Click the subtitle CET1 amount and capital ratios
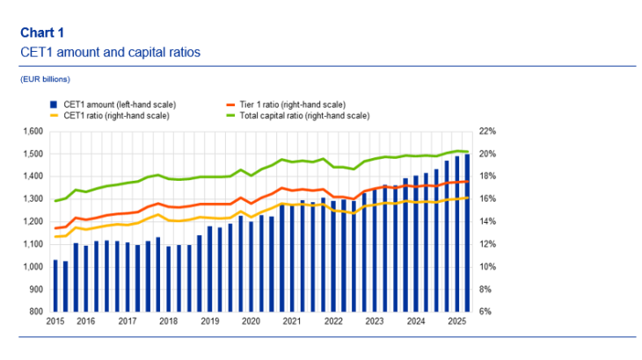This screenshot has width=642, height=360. (x=110, y=53)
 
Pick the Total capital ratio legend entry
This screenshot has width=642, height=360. (x=296, y=115)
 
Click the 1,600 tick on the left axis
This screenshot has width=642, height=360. (x=32, y=131)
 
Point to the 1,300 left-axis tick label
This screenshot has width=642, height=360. (x=32, y=199)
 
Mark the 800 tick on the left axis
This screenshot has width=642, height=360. (x=35, y=312)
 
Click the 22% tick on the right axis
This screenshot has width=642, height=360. (x=486, y=131)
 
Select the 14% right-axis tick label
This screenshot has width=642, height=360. (x=486, y=221)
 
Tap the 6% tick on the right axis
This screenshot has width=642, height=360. (x=485, y=312)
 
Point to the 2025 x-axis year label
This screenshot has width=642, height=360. (x=456, y=322)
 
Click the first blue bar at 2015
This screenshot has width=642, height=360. (x=55, y=285)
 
